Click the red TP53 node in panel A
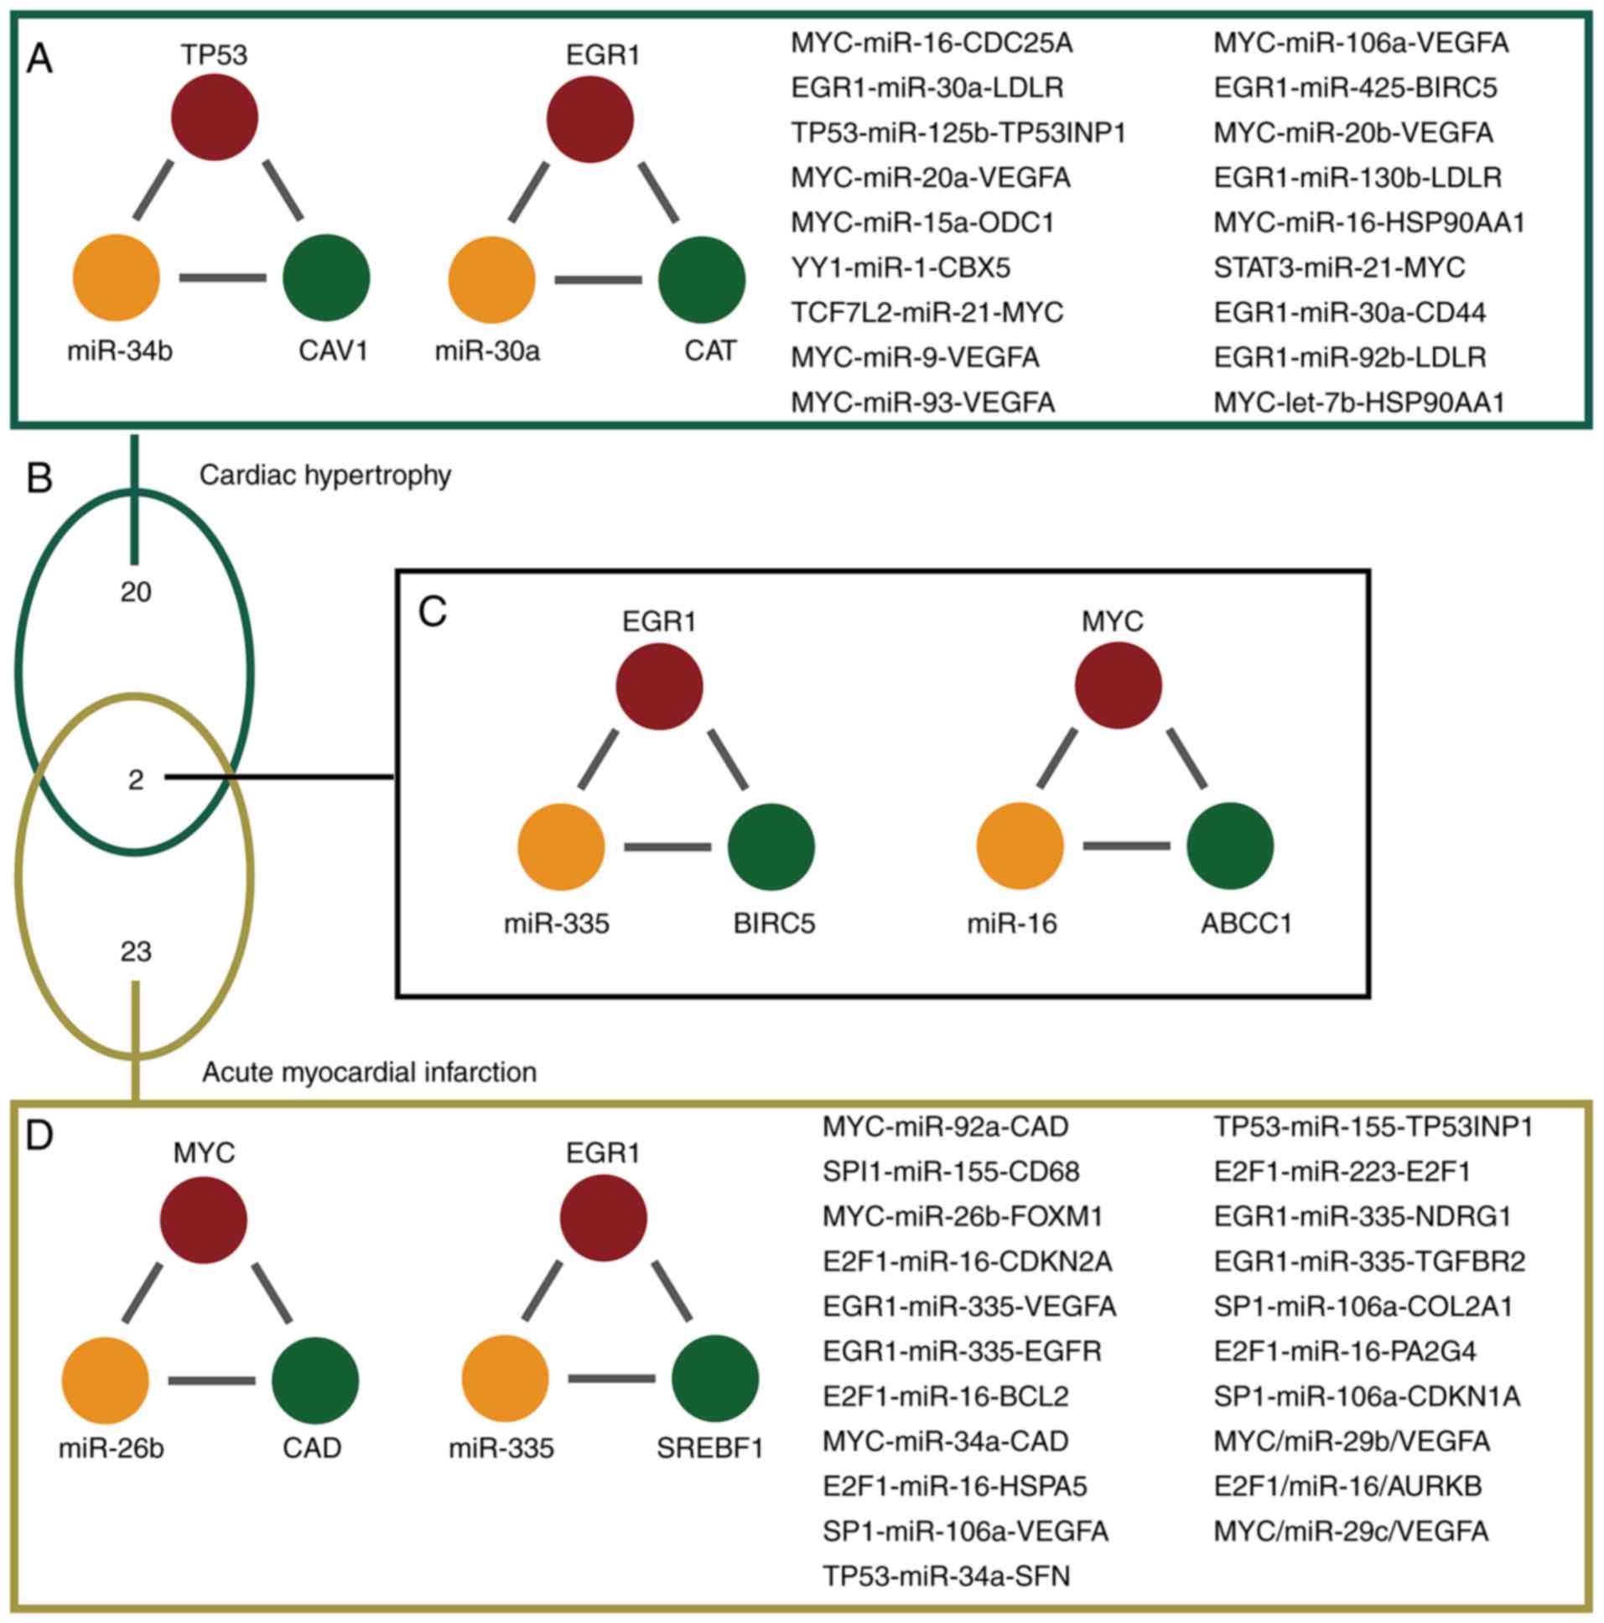215,117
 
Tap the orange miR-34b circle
117,278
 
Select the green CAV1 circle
327,278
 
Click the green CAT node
702,280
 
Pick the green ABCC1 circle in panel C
1230,846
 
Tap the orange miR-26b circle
106,1381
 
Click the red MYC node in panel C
1119,685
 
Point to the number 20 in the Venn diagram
135,593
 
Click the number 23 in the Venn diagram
135,952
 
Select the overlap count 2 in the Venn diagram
135,780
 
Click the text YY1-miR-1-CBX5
901,268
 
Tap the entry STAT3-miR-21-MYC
1340,268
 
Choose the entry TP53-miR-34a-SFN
947,1576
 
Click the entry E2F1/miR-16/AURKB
1348,1486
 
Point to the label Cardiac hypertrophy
325,476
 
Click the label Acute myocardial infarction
369,1073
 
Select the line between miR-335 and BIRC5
667,847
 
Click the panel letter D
39,1135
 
